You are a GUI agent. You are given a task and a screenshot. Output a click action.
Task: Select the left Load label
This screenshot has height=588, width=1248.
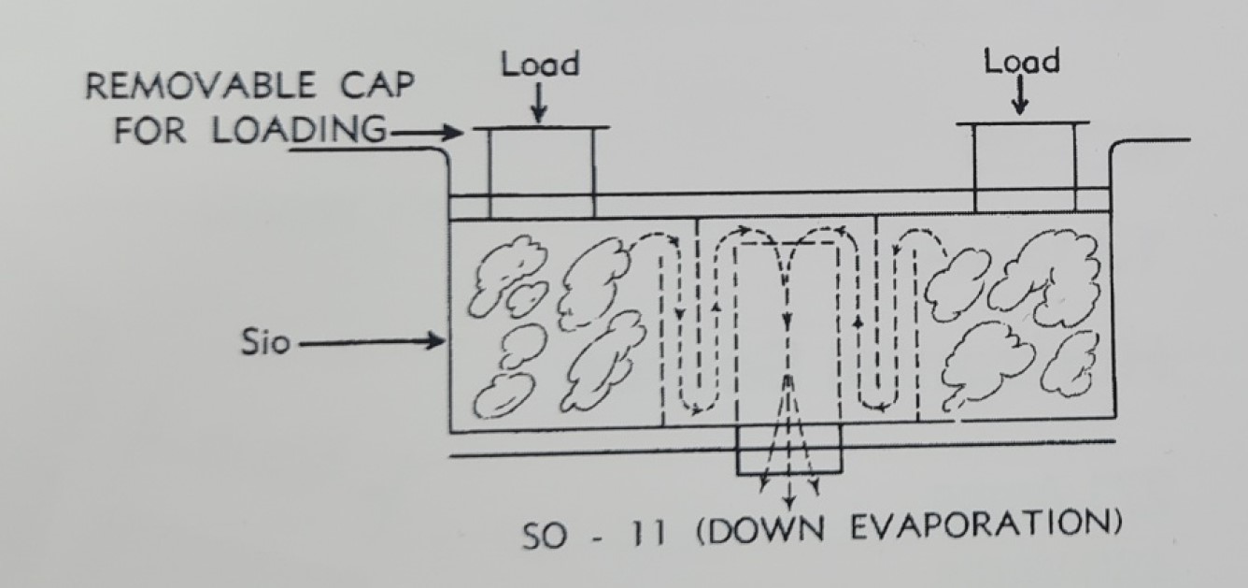tap(540, 65)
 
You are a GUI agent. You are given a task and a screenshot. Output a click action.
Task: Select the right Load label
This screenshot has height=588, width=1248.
tap(1021, 62)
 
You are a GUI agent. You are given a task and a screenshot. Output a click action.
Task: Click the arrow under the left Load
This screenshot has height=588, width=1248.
tap(540, 105)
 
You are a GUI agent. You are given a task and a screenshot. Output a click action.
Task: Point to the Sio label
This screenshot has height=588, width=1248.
tap(260, 343)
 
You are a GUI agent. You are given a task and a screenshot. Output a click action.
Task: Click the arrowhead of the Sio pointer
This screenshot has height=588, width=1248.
tap(435, 342)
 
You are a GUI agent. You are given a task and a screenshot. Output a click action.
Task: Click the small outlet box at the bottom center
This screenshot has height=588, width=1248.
tap(789, 451)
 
